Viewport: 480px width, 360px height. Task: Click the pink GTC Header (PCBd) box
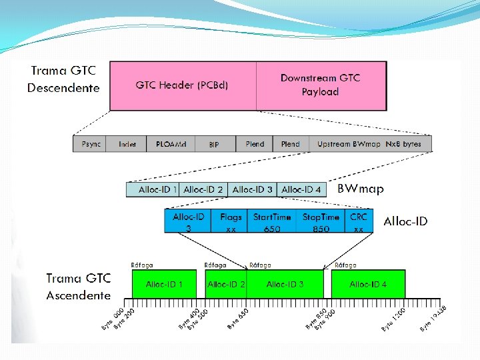click(182, 85)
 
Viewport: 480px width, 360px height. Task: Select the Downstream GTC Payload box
click(321, 85)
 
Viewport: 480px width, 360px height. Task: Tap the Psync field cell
click(91, 144)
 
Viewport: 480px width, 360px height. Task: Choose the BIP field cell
click(213, 144)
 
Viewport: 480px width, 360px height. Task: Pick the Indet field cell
click(127, 144)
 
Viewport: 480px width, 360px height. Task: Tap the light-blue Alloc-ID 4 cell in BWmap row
click(301, 190)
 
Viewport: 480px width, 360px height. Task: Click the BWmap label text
click(360, 189)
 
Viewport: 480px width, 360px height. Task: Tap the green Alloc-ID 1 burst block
click(164, 285)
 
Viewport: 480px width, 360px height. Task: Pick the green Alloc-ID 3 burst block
click(285, 285)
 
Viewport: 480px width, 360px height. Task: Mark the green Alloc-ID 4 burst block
click(368, 285)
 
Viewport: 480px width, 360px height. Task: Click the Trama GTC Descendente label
click(63, 79)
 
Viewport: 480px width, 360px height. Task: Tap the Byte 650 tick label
click(238, 319)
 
